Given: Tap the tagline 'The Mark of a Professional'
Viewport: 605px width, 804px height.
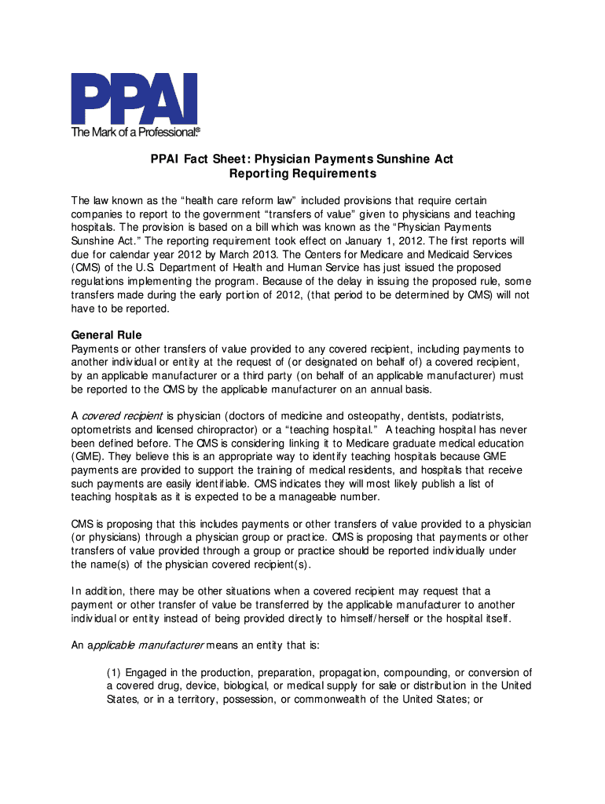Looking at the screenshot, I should coord(136,132).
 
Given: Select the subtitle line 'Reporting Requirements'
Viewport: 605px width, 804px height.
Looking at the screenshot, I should coord(302,174).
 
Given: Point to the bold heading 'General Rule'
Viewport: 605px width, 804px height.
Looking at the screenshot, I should coord(106,335).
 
